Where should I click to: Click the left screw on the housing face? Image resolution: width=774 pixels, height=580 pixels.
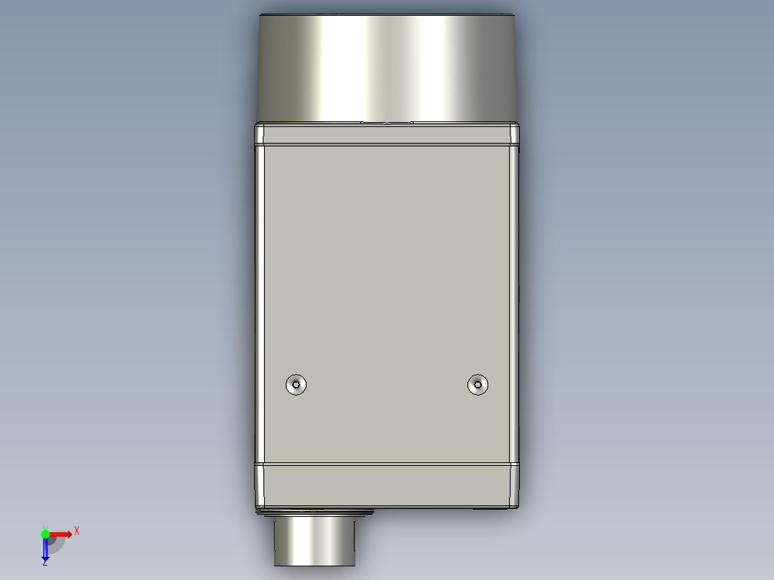pyautogui.click(x=296, y=384)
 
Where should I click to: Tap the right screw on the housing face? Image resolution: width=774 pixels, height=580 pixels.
pyautogui.click(x=477, y=384)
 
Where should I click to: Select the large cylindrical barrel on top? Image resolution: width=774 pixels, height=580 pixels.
pyautogui.click(x=388, y=68)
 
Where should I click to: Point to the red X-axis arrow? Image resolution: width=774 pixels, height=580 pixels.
pyautogui.click(x=61, y=533)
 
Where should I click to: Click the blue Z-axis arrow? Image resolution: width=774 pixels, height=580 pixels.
pyautogui.click(x=45, y=550)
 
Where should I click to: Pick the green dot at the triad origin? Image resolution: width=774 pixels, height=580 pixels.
pyautogui.click(x=45, y=533)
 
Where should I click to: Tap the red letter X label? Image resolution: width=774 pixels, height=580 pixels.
pyautogui.click(x=76, y=531)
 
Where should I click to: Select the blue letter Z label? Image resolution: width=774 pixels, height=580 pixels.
pyautogui.click(x=45, y=563)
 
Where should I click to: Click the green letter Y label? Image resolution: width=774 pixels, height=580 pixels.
pyautogui.click(x=45, y=528)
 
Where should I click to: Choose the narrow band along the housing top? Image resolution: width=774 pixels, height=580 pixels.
pyautogui.click(x=388, y=134)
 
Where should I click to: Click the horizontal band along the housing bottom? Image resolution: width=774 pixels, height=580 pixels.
pyautogui.click(x=388, y=485)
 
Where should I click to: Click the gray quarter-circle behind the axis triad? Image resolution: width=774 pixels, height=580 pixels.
pyautogui.click(x=57, y=543)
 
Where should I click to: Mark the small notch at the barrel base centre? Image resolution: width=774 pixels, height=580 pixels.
pyautogui.click(x=388, y=122)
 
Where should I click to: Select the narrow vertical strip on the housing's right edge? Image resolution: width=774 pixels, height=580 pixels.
pyautogui.click(x=515, y=301)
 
